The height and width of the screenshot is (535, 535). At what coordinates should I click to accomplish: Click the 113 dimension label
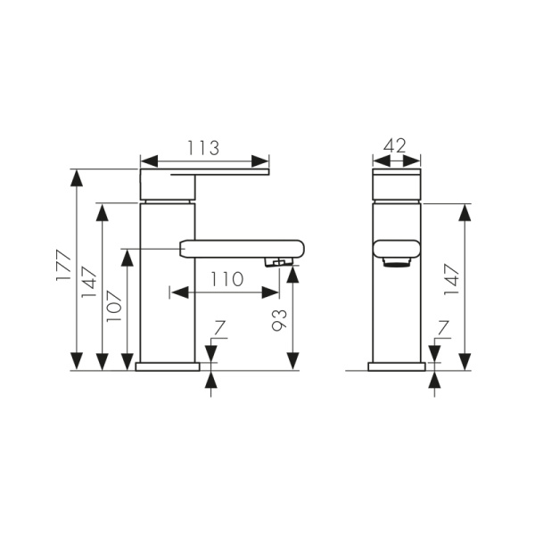click(x=203, y=148)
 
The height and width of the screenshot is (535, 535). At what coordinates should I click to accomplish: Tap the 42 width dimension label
click(x=395, y=145)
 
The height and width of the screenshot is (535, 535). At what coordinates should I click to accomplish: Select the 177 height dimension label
click(x=63, y=266)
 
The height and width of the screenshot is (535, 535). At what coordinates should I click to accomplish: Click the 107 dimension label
click(x=114, y=306)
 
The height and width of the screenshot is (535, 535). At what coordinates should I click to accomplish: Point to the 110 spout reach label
click(x=226, y=279)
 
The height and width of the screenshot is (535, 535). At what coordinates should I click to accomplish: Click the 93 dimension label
click(x=279, y=320)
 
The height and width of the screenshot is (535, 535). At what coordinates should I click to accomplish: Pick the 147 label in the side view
click(x=452, y=280)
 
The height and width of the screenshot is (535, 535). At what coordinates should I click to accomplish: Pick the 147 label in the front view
click(x=88, y=282)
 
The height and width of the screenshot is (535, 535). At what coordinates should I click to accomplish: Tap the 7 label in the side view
click(x=443, y=327)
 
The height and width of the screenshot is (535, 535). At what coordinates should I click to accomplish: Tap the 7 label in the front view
click(x=220, y=328)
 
